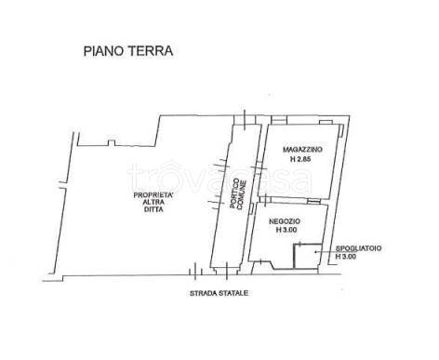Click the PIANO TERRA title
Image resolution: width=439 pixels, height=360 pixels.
click(128, 51)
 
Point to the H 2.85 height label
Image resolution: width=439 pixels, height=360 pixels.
click(300, 160)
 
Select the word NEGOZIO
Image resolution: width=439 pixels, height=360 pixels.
click(285, 221)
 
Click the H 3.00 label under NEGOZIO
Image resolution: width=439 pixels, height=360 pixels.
click(286, 230)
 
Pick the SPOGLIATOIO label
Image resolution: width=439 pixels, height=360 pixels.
click(359, 248)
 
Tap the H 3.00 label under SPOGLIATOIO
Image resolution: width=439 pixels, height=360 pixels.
click(346, 257)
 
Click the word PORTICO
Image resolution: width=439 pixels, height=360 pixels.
click(235, 193)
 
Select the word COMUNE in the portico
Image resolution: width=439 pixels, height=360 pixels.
click(242, 195)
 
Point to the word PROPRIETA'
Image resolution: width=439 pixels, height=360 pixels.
click(153, 195)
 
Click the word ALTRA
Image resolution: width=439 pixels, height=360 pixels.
click(153, 202)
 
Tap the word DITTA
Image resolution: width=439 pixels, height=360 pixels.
click(153, 209)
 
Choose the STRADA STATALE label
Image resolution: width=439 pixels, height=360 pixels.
click(219, 293)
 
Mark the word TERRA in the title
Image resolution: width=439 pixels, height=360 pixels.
click(150, 51)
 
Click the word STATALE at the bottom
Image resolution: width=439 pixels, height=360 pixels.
click(233, 293)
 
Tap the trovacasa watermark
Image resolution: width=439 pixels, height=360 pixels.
click(219, 179)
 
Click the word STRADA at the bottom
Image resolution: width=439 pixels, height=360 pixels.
click(204, 293)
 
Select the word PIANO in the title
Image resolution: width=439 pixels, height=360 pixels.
click(103, 51)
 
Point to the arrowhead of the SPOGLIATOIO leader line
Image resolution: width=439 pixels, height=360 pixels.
click(315, 252)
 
